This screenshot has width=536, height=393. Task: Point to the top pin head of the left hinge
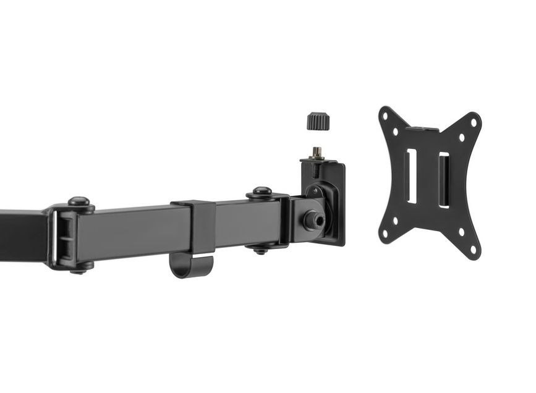point(79,202)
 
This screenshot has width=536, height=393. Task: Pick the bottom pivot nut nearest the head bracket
point(261,249)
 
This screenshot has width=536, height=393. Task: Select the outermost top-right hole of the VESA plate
point(473,122)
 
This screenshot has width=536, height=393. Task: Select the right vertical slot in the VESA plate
point(444,180)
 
